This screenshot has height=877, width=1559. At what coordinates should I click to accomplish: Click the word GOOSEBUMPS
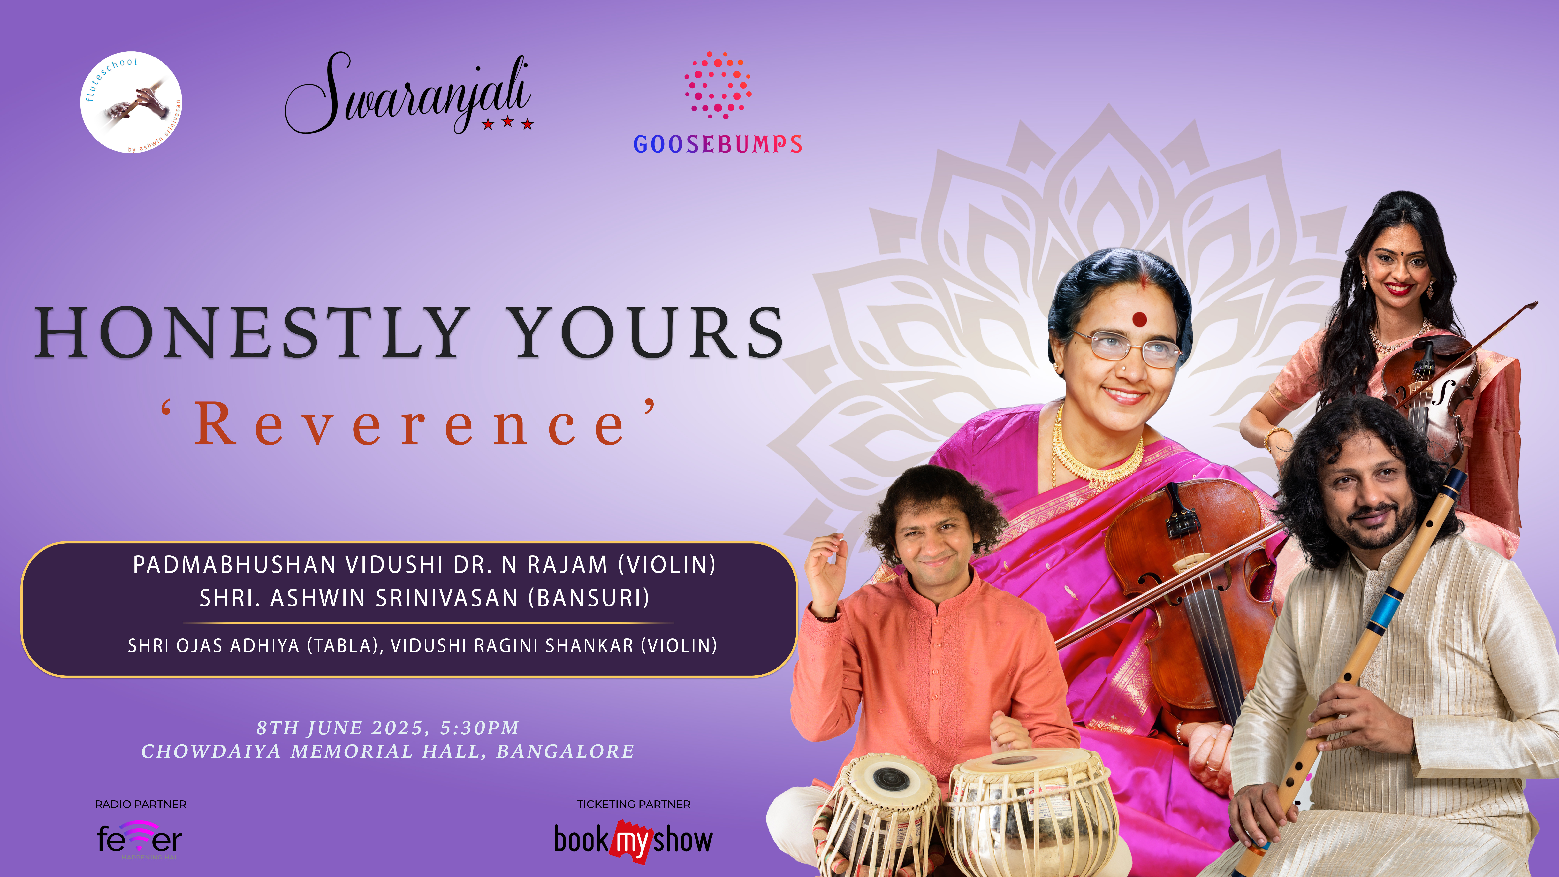pos(718,144)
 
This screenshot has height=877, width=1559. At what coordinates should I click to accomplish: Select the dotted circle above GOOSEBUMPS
pos(718,85)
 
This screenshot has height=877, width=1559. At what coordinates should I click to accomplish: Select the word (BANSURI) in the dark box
pos(589,598)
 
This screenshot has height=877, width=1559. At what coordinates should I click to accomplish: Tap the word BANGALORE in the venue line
pos(565,751)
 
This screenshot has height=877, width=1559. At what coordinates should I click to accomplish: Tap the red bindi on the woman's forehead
pos(1140,319)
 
